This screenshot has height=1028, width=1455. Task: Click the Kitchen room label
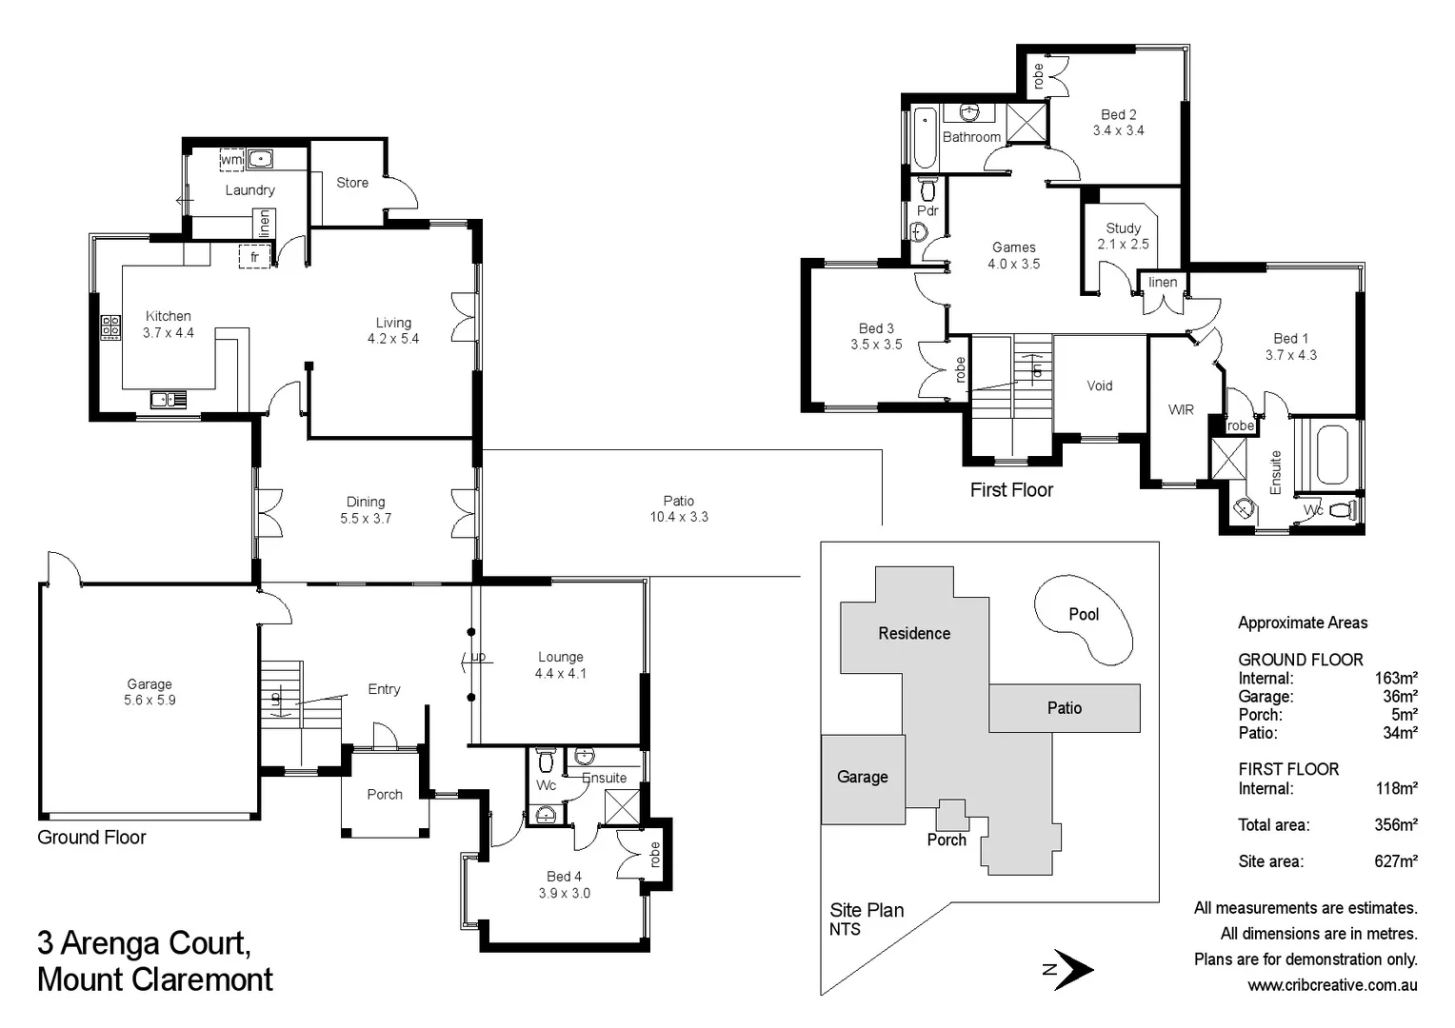[x=168, y=316]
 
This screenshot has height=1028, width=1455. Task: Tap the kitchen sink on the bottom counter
[x=168, y=400]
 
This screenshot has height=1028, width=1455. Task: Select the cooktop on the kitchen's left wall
[x=111, y=327]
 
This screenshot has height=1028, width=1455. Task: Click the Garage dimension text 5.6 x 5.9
[x=149, y=701]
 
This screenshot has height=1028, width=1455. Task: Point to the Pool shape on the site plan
[x=1084, y=619]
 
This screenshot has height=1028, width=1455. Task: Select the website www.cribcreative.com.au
[x=1331, y=985]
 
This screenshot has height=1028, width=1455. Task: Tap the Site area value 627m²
[x=1395, y=861]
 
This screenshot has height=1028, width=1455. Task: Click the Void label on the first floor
[x=1100, y=385]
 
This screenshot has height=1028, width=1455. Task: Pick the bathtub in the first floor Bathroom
[x=925, y=139]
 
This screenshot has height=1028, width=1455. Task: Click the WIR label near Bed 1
[x=1181, y=410]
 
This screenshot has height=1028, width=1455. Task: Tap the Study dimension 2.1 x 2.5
[x=1123, y=245]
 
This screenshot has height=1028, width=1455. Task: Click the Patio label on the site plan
[x=1064, y=708]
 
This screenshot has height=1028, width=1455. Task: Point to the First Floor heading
[x=1011, y=490]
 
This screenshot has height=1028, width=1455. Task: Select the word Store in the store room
[x=351, y=183]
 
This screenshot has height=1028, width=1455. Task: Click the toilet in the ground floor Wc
[x=546, y=761]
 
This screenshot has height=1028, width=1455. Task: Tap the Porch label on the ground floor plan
[x=385, y=795]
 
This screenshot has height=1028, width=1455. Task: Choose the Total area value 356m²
[x=1395, y=825]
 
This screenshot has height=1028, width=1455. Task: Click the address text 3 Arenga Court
[x=144, y=943]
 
